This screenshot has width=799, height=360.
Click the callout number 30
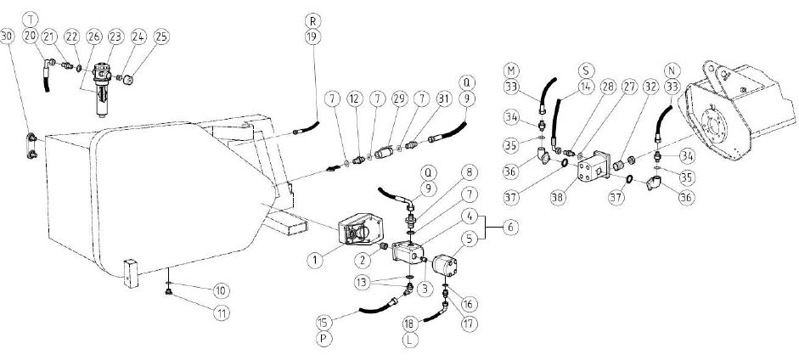(8, 36)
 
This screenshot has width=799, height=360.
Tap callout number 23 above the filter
(113, 36)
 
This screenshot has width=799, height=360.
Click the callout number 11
(222, 312)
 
